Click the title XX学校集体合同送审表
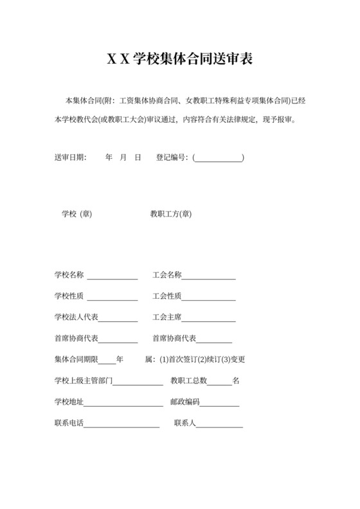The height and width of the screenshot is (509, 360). [x=179, y=60]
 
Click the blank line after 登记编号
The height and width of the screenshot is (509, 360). [x=218, y=157]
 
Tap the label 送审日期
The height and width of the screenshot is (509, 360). [x=69, y=157]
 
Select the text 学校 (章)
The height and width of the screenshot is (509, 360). [x=76, y=214]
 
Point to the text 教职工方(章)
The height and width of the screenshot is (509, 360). [x=171, y=214]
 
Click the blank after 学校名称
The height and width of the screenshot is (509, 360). [x=112, y=276]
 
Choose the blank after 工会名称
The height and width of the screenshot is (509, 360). [x=208, y=276]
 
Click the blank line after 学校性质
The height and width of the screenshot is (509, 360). [x=112, y=297]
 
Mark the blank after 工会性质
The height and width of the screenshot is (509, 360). [x=208, y=297]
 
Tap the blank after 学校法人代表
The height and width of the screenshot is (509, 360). [x=118, y=318]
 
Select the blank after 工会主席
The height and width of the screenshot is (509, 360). [x=208, y=318]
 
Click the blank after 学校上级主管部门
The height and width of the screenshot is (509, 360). [x=138, y=381]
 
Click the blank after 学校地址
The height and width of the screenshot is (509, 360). [x=123, y=402]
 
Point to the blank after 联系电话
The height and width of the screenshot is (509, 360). [x=122, y=424]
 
